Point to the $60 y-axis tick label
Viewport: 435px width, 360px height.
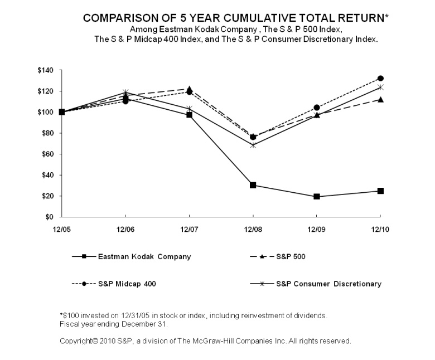coord(47,154)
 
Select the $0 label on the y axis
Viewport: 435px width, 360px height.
coord(50,217)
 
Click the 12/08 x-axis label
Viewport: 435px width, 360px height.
coord(253,228)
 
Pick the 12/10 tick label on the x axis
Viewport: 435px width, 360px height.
coord(380,228)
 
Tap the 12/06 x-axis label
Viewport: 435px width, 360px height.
coord(125,228)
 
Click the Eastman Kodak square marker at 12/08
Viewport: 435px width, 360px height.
coord(253,185)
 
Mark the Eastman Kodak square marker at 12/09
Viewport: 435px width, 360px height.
coord(317,197)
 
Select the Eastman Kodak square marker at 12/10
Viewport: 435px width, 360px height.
coord(380,191)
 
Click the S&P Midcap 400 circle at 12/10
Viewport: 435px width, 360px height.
coord(380,79)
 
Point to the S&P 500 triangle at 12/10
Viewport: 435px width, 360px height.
coord(380,99)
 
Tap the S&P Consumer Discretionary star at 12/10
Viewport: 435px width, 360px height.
coord(380,87)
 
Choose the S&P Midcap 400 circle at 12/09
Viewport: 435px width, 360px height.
coord(317,108)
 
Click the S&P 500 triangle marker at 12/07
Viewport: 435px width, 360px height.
coord(190,89)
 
